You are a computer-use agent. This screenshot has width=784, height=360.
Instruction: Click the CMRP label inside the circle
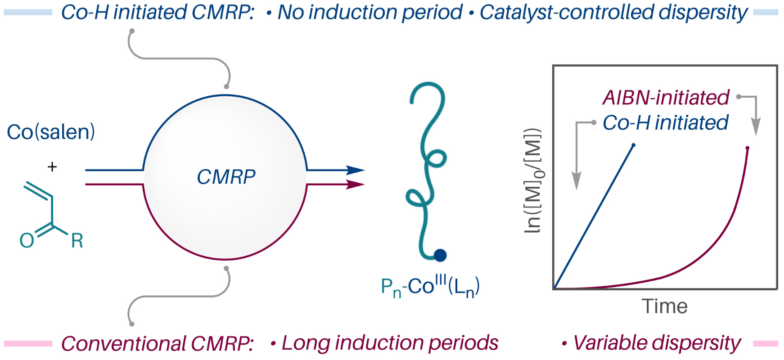coord(226,177)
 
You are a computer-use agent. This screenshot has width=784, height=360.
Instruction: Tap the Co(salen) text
coord(51,132)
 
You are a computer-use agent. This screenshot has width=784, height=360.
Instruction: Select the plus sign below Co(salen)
coord(52,167)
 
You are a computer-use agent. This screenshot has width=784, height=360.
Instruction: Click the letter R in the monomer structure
coord(77,241)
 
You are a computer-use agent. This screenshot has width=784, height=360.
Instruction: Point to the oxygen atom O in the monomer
coord(27,241)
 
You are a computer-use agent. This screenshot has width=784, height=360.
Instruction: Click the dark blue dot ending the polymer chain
coord(440,255)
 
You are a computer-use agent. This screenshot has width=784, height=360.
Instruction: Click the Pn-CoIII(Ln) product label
coord(430,287)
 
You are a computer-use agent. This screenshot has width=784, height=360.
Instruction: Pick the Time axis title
coord(665,306)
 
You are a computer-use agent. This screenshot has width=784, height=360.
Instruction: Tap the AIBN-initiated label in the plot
coord(666,98)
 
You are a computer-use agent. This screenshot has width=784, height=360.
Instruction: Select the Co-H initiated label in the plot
coord(665,122)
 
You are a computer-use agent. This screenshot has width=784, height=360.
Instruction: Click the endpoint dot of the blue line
coord(634,145)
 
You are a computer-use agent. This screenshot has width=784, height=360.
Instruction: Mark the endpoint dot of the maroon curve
coord(747,148)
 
